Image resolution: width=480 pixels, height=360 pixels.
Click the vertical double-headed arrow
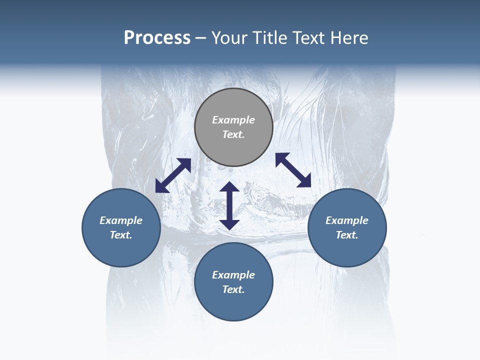click(x=229, y=205)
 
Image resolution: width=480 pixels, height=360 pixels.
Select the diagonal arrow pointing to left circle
click(x=173, y=175)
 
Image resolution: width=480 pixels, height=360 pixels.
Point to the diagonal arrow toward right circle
click(x=293, y=170)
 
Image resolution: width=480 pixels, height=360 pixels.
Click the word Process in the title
click(x=157, y=38)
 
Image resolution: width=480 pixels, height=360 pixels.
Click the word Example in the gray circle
click(x=233, y=120)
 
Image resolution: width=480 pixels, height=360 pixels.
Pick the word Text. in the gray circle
click(x=233, y=134)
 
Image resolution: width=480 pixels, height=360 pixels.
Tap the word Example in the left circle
click(x=121, y=220)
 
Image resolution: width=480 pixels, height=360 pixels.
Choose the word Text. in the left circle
click(x=121, y=235)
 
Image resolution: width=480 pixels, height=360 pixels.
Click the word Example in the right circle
click(x=347, y=220)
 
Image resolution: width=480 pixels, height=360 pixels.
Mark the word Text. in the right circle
click(x=347, y=235)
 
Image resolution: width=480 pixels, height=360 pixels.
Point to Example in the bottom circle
click(x=233, y=275)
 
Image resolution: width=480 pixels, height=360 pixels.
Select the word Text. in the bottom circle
click(x=233, y=289)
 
